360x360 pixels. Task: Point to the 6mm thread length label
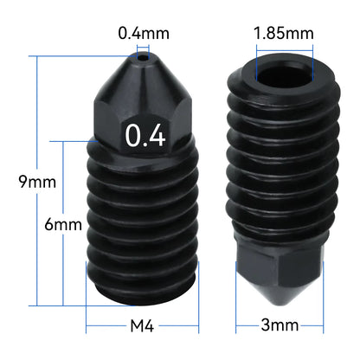click(63, 224)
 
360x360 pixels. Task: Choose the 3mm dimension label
click(279, 326)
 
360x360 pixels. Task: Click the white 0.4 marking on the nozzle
click(145, 136)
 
